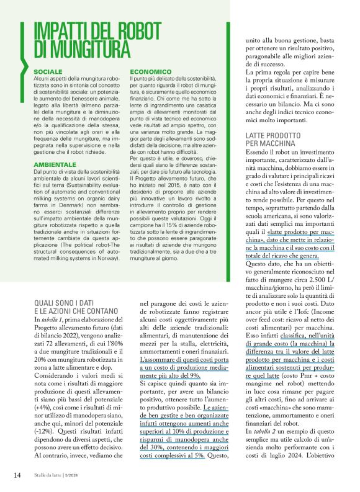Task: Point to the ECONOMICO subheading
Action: (148, 72)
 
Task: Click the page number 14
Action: (17, 476)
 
